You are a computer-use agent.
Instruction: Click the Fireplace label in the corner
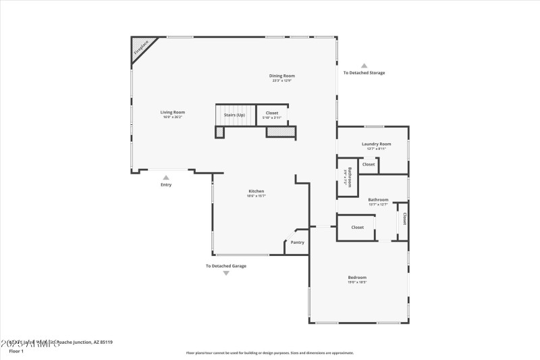click(x=141, y=47)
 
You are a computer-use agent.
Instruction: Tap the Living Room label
click(x=173, y=112)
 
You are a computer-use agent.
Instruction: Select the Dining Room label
click(x=283, y=76)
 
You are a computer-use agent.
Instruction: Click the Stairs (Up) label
click(x=235, y=115)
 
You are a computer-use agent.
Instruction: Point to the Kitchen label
click(x=256, y=191)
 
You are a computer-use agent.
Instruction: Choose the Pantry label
click(x=297, y=242)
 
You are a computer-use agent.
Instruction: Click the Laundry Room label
click(x=376, y=144)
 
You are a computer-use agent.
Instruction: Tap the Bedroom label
click(x=357, y=278)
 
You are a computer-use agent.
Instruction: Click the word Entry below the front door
click(x=166, y=185)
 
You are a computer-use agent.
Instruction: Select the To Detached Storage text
click(x=364, y=73)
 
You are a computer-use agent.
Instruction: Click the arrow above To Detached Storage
click(x=364, y=65)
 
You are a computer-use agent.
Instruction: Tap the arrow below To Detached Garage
click(x=226, y=274)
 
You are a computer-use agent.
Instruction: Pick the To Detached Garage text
click(x=226, y=266)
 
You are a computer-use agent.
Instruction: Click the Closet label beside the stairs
click(x=271, y=113)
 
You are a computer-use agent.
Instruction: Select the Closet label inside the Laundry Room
click(x=369, y=164)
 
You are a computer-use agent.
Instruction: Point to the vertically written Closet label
click(x=404, y=219)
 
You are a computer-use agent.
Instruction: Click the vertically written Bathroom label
click(x=349, y=178)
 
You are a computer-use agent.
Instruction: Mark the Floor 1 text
click(x=16, y=351)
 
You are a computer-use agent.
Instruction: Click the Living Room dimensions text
click(x=173, y=117)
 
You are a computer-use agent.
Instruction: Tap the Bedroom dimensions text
click(x=357, y=282)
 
